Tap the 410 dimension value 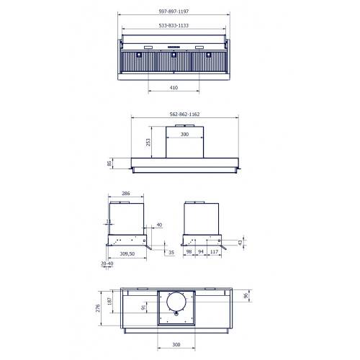(174, 88)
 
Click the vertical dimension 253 (148, 143)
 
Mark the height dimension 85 (109, 163)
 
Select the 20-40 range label (107, 264)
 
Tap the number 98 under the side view (188, 253)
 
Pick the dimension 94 (201, 253)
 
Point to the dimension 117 (214, 253)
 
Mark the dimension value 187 (110, 302)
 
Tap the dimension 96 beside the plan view (246, 296)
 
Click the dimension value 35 (171, 253)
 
